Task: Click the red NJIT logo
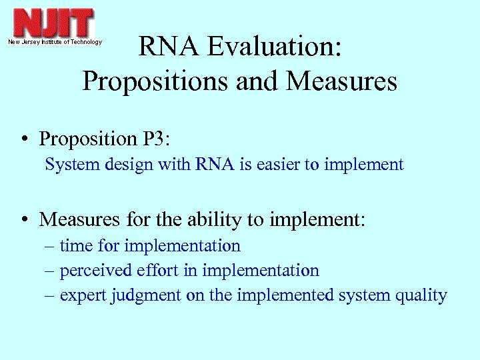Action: point(54,23)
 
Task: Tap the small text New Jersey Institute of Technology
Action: point(55,42)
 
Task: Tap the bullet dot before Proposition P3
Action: point(24,139)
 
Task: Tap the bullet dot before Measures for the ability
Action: point(24,219)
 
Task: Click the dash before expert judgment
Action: point(51,296)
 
